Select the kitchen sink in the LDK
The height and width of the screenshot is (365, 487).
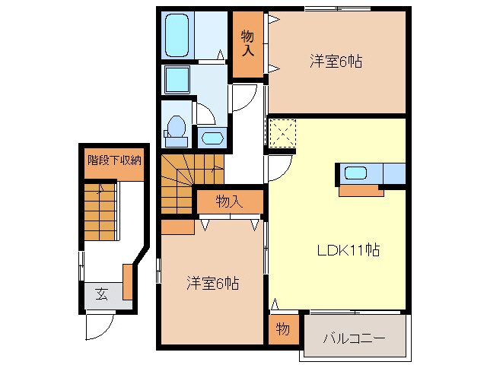pos(355,173)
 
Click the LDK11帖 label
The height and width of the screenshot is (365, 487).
pos(349,249)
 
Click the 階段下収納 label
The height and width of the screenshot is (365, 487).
pos(114,160)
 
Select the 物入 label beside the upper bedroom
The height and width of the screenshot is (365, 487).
pos(248,43)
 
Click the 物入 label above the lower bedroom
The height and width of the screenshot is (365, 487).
pos(228,202)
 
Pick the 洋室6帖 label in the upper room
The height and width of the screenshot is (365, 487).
pos(335,61)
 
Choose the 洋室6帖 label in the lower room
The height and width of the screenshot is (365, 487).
pos(213,284)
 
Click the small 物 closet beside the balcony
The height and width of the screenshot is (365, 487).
pos(282,329)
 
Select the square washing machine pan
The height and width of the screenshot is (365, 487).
pos(177,79)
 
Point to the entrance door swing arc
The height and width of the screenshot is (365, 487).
pos(97,327)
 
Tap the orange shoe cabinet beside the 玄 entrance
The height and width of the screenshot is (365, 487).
pos(127,281)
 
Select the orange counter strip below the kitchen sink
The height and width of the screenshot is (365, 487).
pos(361,190)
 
